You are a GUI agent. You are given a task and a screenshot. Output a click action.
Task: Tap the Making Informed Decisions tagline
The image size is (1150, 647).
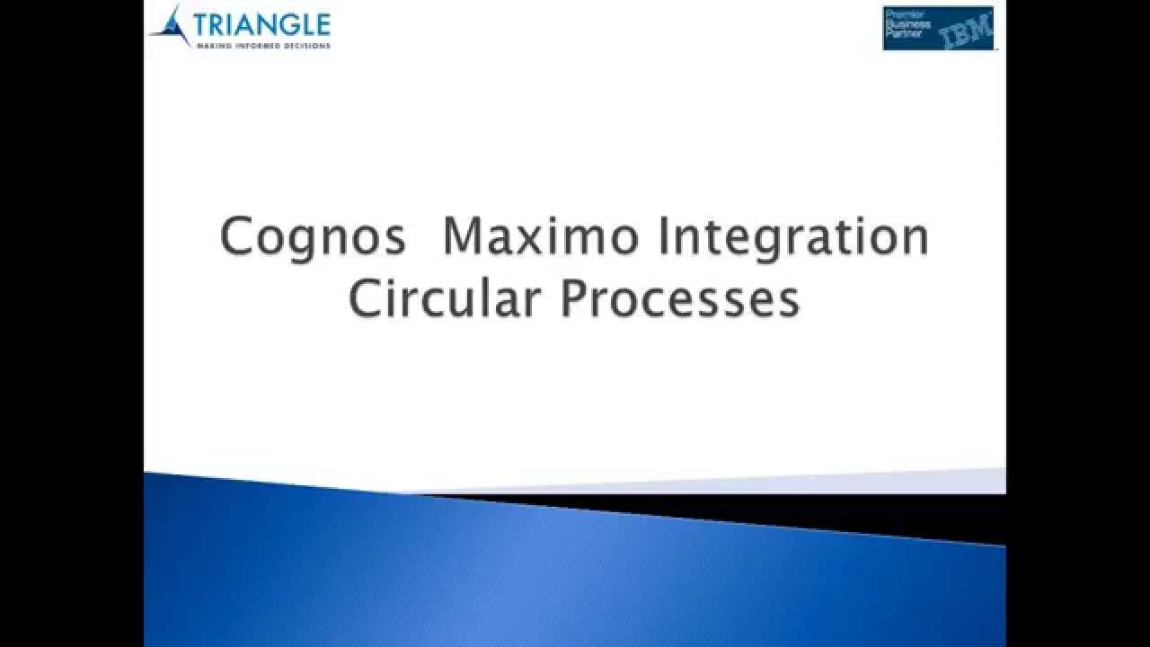(263, 44)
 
